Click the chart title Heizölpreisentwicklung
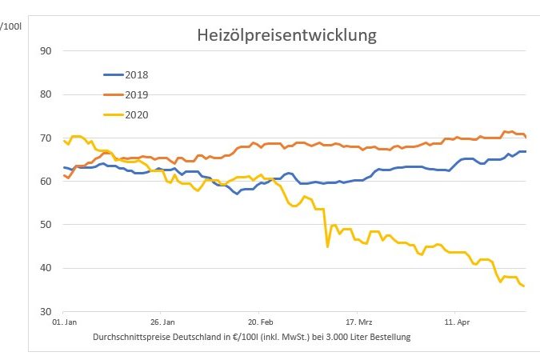(x=286, y=36)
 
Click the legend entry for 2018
(x=136, y=75)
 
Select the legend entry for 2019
(x=136, y=94)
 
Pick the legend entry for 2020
(x=136, y=114)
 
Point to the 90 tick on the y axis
(x=46, y=51)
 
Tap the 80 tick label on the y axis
(x=46, y=94)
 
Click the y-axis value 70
(x=46, y=138)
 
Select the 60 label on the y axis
(x=46, y=182)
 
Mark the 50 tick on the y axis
(x=46, y=225)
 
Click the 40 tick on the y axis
(x=46, y=268)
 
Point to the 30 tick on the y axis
(x=46, y=311)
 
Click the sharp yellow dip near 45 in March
(x=327, y=246)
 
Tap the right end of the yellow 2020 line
(x=524, y=286)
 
